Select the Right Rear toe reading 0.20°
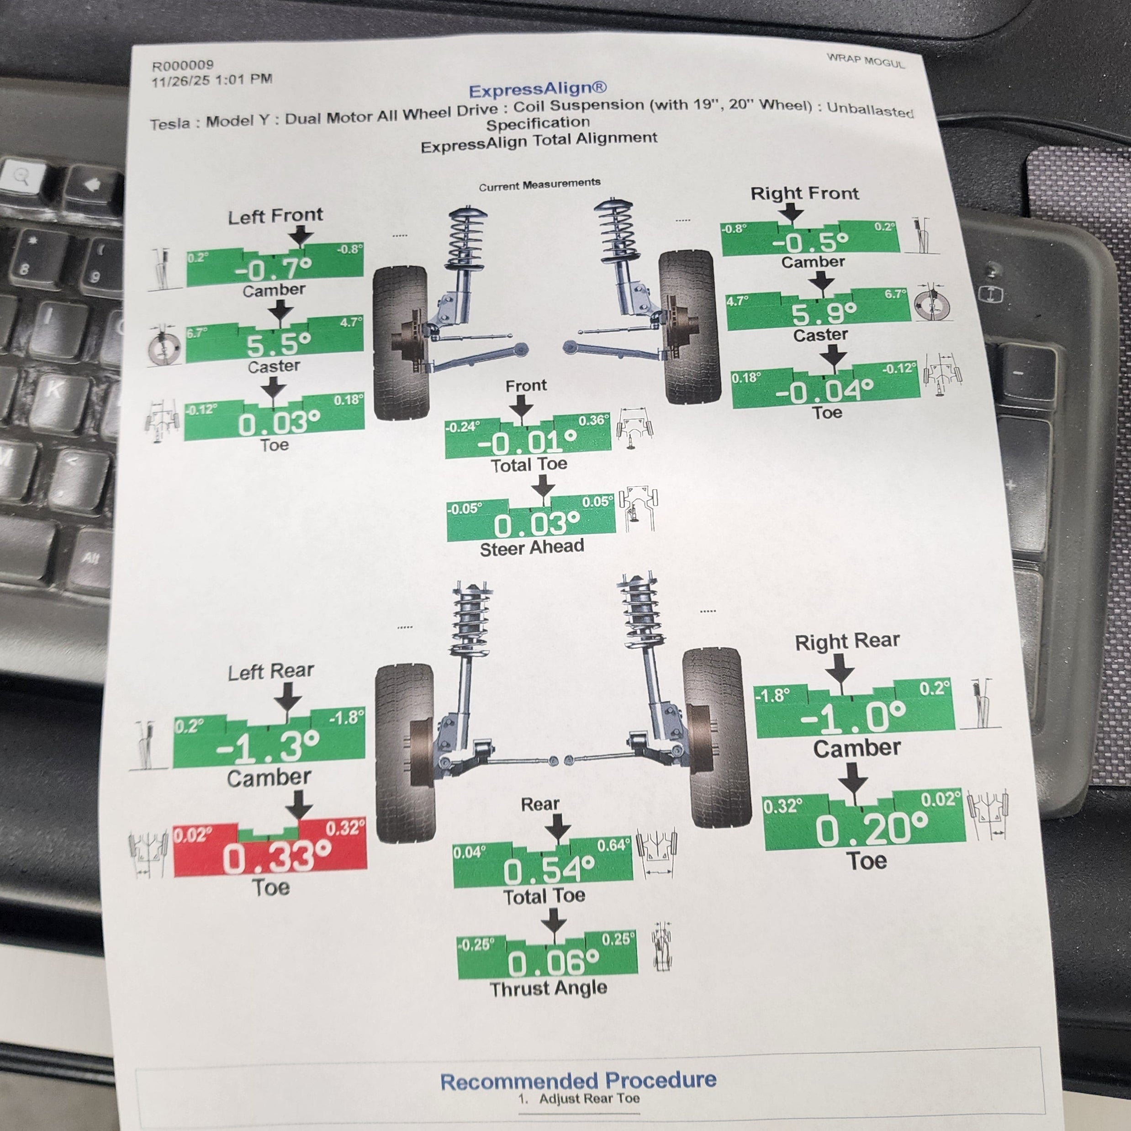872,830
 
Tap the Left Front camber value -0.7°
273,270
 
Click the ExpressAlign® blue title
537,90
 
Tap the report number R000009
183,65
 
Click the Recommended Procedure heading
578,1081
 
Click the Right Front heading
804,193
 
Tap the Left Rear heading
270,671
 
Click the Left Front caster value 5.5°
278,344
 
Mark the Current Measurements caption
539,185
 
